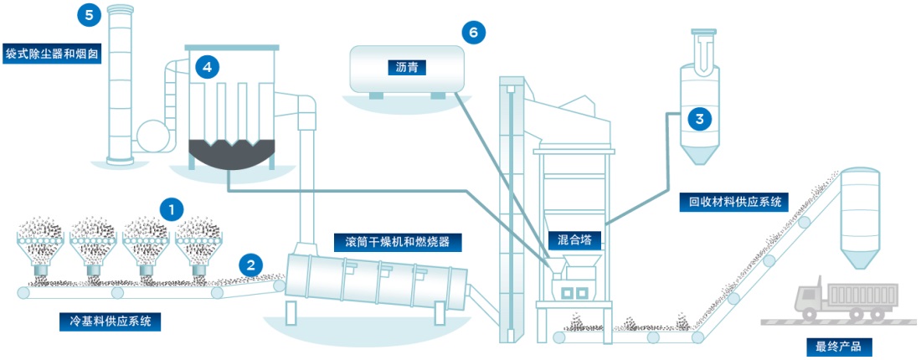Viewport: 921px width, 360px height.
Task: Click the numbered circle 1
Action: point(172,207)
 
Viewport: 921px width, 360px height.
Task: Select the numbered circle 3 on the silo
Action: point(699,118)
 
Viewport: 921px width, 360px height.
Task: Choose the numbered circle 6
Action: point(473,33)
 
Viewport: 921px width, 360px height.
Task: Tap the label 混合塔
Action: point(575,240)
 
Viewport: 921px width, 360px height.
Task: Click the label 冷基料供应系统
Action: point(111,321)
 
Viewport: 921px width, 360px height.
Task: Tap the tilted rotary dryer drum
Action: point(377,280)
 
